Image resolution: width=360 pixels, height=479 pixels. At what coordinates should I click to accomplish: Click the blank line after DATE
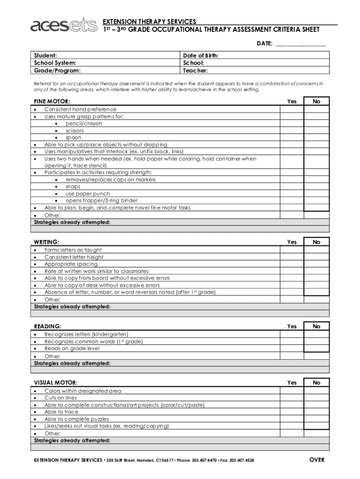coord(301,44)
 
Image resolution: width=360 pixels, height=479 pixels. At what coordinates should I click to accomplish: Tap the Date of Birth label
coord(201,56)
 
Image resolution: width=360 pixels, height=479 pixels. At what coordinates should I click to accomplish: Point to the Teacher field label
coord(195,71)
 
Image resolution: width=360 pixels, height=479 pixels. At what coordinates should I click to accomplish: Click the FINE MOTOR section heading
coord(52,102)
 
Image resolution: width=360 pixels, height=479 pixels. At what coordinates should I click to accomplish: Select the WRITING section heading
coord(47,242)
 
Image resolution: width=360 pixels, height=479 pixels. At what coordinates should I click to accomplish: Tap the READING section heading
coord(48,327)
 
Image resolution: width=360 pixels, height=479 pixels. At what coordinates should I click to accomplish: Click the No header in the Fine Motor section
coord(317,102)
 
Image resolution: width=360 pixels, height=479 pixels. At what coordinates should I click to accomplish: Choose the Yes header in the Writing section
coord(292,242)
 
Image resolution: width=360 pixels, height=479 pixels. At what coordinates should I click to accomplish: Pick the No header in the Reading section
coord(317,327)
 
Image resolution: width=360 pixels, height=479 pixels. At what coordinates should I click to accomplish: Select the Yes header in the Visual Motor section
coord(292,383)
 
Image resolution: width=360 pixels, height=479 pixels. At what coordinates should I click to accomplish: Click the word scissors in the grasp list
coord(75,131)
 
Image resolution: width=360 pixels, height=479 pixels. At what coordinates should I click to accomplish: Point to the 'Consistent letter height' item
coord(74,257)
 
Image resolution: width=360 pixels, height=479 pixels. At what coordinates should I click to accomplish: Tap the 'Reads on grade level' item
coord(72,348)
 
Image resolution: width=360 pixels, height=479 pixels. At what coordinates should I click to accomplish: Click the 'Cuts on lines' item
coord(60,398)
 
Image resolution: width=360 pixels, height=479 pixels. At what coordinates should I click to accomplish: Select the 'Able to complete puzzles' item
coord(77,419)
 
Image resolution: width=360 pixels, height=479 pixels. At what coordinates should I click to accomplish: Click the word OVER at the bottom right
coord(317,460)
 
